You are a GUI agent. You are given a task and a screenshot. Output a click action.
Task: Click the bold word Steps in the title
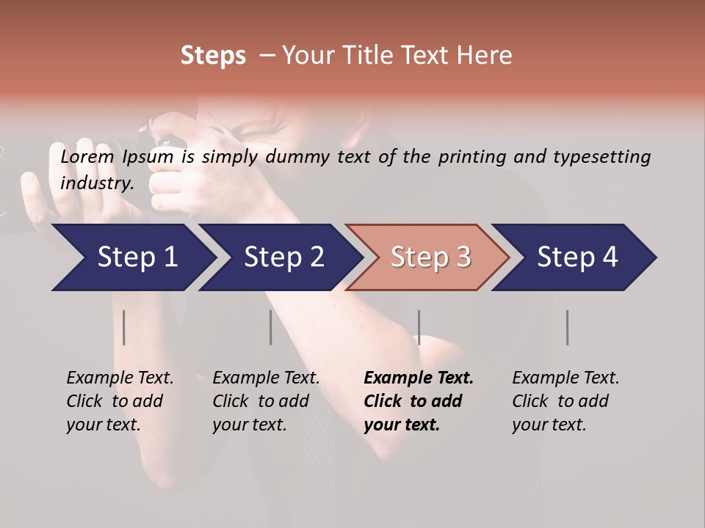pos(213,56)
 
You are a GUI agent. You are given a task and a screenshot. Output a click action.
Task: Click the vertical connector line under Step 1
pos(124,327)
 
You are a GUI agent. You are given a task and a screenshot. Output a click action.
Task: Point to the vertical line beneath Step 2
pos(271,327)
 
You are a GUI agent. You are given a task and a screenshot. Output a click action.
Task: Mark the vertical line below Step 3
pos(419,327)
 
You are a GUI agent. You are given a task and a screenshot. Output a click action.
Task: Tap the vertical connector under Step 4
pos(568,327)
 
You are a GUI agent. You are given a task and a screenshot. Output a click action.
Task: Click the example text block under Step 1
pos(120,401)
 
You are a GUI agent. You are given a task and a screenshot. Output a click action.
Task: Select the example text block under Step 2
pos(266,401)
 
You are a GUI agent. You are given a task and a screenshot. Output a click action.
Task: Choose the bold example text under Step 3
pos(419,401)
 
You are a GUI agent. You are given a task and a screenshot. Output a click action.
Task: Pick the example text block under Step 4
pos(565,401)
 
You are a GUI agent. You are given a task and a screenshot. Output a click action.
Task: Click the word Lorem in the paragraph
pos(87,156)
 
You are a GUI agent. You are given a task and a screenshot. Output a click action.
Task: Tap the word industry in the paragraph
pos(96,183)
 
